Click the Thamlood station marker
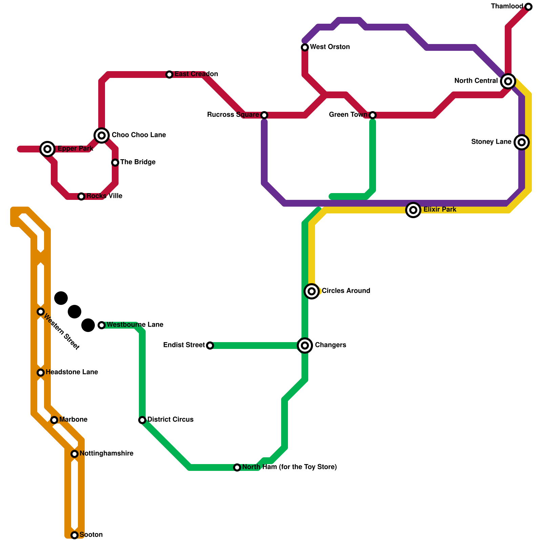click(x=528, y=7)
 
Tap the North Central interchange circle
click(x=508, y=81)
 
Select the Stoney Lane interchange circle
click(x=522, y=142)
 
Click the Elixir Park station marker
click(x=413, y=210)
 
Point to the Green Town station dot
click(x=373, y=115)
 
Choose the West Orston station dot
click(x=305, y=47)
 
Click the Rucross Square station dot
click(x=264, y=115)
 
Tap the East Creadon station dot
click(x=169, y=75)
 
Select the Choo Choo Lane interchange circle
click(x=102, y=135)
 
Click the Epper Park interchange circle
click(x=47, y=149)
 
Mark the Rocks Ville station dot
click(x=81, y=196)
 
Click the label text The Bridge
click(x=138, y=162)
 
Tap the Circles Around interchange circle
click(x=312, y=291)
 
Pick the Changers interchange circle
click(x=305, y=346)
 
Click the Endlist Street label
click(x=184, y=345)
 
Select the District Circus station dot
click(x=142, y=420)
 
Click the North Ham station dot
click(x=237, y=467)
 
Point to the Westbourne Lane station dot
click(x=102, y=325)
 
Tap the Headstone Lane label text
click(x=72, y=372)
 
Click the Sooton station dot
click(x=75, y=535)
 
